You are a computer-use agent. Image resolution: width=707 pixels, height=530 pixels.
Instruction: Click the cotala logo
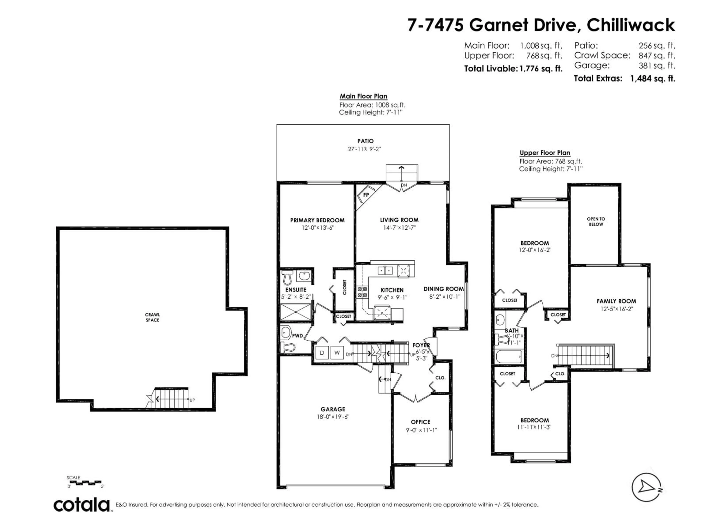[x=82, y=505]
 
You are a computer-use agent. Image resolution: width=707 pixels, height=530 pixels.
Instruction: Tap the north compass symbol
[x=646, y=487]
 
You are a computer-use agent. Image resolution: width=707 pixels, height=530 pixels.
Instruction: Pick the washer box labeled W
[x=337, y=353]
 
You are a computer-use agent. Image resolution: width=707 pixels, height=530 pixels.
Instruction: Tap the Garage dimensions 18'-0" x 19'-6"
[x=333, y=417]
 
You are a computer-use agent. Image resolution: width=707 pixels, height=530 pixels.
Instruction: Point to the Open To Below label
[x=596, y=221]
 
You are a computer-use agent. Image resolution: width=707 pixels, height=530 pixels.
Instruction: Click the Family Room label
[x=616, y=301]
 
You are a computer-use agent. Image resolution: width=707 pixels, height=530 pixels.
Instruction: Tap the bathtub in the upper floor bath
[x=509, y=356]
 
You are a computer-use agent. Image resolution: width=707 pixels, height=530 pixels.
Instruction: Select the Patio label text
[x=365, y=141]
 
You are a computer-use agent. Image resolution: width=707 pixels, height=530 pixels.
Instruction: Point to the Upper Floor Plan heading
[x=545, y=153]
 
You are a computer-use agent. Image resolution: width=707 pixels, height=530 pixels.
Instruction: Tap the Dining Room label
[x=443, y=289]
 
